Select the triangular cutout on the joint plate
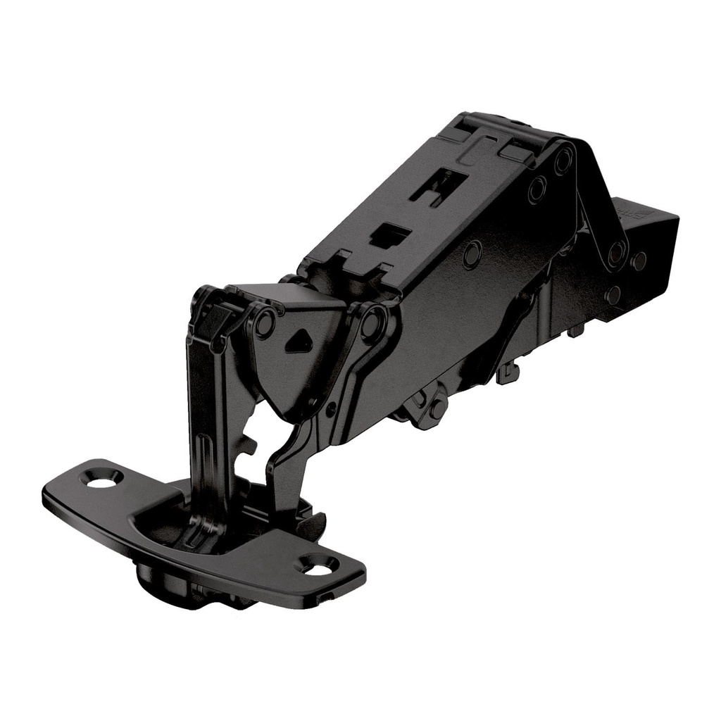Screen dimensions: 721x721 coord(298,341)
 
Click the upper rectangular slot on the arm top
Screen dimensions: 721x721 coord(439,184)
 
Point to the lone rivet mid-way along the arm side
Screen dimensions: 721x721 coord(472,253)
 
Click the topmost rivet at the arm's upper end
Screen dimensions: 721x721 coord(563,161)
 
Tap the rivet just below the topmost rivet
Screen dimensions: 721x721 coord(537,189)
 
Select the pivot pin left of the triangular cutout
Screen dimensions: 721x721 coord(265,323)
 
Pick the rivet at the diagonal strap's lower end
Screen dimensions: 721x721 coord(616,253)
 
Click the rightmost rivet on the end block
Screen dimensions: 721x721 coord(639,261)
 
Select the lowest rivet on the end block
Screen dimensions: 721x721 coord(613,294)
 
